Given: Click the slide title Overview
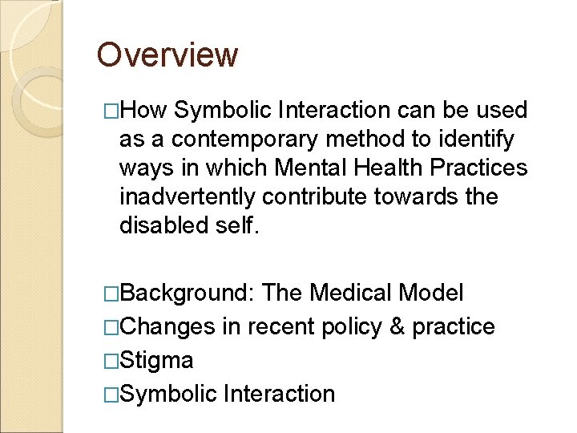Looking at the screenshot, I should pyautogui.click(x=167, y=55).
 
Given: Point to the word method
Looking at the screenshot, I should pyautogui.click(x=356, y=139).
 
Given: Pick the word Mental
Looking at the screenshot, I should pyautogui.click(x=308, y=168).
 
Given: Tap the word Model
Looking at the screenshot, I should pyautogui.click(x=431, y=293).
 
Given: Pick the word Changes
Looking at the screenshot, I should pyautogui.click(x=167, y=326).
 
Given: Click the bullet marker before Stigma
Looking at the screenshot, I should pyautogui.click(x=111, y=361).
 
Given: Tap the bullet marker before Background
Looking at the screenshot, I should pyautogui.click(x=111, y=293).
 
